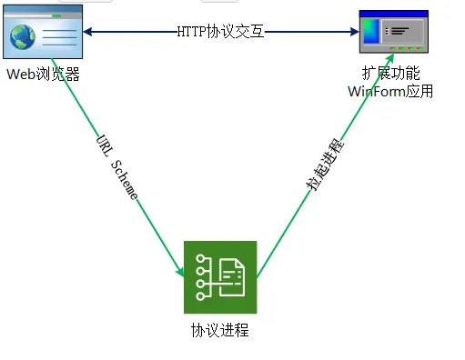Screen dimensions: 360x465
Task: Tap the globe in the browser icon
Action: tap(25, 37)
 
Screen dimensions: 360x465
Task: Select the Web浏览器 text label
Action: tap(44, 75)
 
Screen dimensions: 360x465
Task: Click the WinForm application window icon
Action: tap(392, 35)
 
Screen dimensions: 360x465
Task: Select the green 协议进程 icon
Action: tap(220, 277)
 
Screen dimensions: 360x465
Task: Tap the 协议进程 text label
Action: tap(220, 330)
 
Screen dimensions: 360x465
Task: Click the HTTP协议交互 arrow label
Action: tap(220, 32)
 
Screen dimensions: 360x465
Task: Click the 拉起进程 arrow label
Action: tap(325, 165)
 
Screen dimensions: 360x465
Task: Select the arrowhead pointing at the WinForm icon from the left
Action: tap(354, 32)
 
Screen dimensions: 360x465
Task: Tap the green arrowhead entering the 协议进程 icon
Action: tap(180, 269)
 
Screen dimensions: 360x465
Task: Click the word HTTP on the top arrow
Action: tap(192, 32)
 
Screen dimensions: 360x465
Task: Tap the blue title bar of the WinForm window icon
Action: tap(392, 15)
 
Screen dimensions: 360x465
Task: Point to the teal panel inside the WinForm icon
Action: tap(369, 35)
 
